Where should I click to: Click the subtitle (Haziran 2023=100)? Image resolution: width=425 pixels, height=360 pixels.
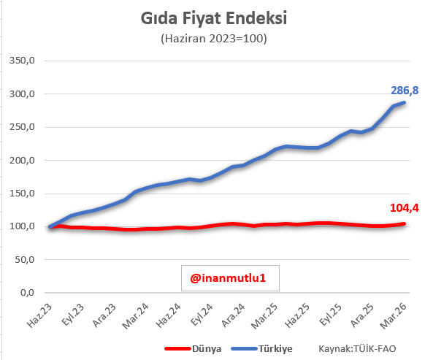(213, 38)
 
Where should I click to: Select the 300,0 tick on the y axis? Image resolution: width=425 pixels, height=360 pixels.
(22, 94)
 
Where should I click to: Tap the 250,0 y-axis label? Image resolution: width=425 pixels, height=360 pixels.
(22, 127)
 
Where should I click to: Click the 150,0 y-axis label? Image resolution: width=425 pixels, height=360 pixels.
(22, 194)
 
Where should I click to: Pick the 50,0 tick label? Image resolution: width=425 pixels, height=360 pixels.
(24, 259)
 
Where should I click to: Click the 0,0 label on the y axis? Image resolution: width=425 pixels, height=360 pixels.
(27, 293)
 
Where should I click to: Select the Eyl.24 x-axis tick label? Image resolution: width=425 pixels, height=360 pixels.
(199, 313)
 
